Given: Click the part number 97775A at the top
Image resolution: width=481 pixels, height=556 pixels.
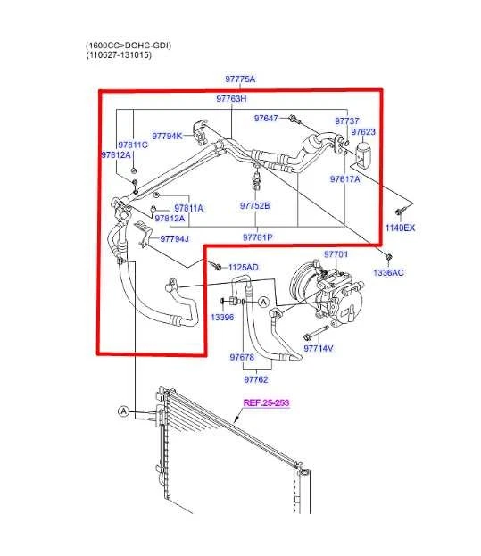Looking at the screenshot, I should tap(239, 79).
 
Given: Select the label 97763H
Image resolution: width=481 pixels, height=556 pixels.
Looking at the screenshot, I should tap(231, 99).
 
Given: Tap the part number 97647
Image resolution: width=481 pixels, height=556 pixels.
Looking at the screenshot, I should tap(266, 118).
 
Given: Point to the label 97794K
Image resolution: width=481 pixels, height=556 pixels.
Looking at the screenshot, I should tap(167, 136).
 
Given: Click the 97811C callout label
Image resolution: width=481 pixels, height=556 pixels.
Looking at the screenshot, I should tap(132, 145).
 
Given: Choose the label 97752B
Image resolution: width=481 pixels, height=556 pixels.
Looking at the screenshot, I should tap(254, 206).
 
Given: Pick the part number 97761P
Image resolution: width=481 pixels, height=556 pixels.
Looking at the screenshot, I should tap(257, 237).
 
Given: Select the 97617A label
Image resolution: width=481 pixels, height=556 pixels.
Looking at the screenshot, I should tap(344, 179).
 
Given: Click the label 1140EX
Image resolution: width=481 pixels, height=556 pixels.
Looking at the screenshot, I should tap(400, 228).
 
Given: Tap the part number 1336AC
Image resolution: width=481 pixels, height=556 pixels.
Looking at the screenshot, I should tap(388, 272).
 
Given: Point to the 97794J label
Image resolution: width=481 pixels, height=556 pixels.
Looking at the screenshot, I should tap(176, 238).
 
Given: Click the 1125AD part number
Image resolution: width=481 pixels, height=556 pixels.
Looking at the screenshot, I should tap(242, 268).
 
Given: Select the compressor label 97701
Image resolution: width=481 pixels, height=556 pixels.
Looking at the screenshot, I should tap(336, 254).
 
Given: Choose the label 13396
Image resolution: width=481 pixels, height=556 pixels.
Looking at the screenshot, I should tap(222, 317).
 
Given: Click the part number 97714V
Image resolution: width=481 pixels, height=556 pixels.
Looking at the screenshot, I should tap(319, 348).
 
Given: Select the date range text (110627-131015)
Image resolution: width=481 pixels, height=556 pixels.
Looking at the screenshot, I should tap(119, 55).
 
